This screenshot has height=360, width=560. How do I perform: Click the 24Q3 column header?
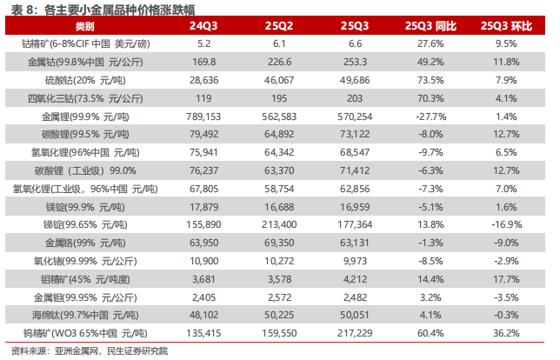pyautogui.click(x=204, y=26)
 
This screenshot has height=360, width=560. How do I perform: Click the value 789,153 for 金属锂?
pyautogui.click(x=205, y=116)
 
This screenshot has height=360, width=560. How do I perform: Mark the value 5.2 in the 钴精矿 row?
pyautogui.click(x=205, y=43)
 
